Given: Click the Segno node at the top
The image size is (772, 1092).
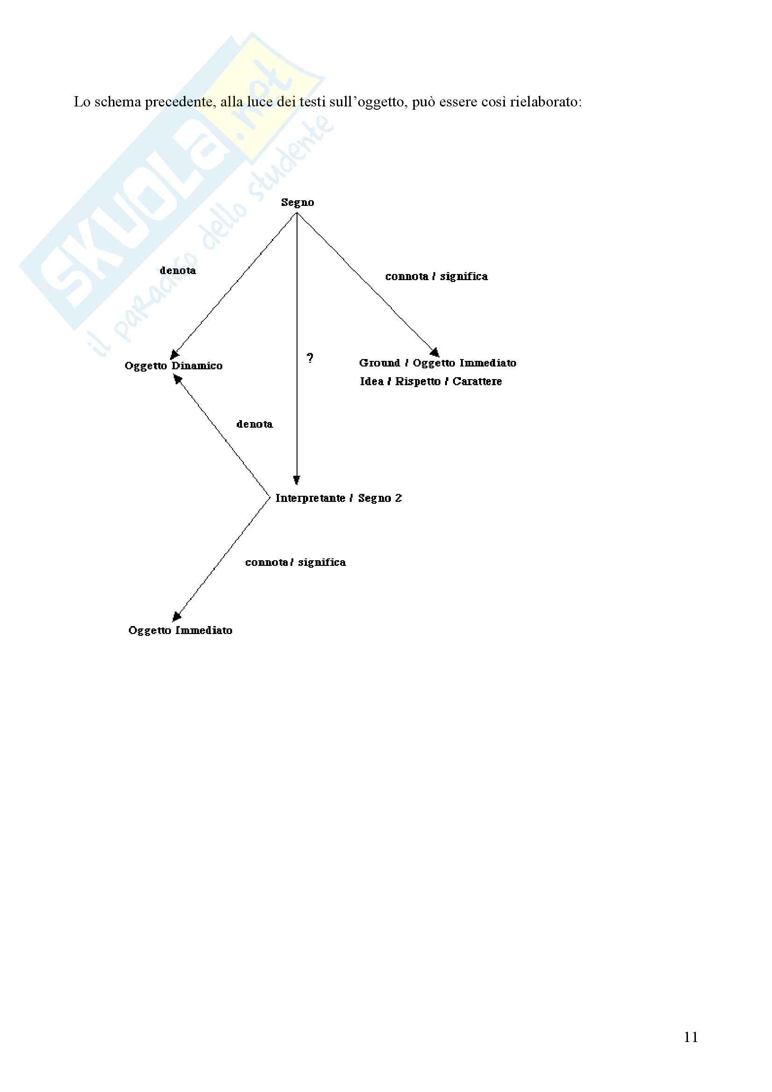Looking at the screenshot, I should [x=297, y=203].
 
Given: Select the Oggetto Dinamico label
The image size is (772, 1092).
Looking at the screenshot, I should [x=173, y=366].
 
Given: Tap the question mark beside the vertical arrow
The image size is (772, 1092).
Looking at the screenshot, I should [x=310, y=358].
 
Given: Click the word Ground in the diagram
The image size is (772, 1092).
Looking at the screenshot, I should [x=379, y=363].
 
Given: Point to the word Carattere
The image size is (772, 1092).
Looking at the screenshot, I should [x=477, y=381].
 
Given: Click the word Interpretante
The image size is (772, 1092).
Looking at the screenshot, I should [x=310, y=498].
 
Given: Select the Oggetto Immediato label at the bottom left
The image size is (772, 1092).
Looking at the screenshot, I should [x=180, y=630].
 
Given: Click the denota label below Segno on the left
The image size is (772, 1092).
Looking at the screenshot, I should [x=178, y=271].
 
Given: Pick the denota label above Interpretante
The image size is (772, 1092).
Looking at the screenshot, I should [x=255, y=424].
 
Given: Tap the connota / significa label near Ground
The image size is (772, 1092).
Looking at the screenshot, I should [x=436, y=276].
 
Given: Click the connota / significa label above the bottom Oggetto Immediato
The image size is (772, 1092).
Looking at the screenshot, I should [x=295, y=562].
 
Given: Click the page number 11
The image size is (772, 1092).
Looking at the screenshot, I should [x=691, y=1037].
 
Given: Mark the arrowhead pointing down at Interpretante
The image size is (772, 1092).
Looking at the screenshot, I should [x=297, y=480].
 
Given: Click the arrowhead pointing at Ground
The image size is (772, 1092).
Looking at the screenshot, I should [x=435, y=352].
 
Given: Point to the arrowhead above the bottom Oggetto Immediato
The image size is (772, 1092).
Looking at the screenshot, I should [x=177, y=617].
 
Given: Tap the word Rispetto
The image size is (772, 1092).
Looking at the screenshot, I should [x=418, y=381].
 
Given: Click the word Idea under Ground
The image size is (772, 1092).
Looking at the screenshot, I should [x=371, y=381].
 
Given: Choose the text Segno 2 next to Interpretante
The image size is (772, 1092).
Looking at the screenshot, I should [x=380, y=498].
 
